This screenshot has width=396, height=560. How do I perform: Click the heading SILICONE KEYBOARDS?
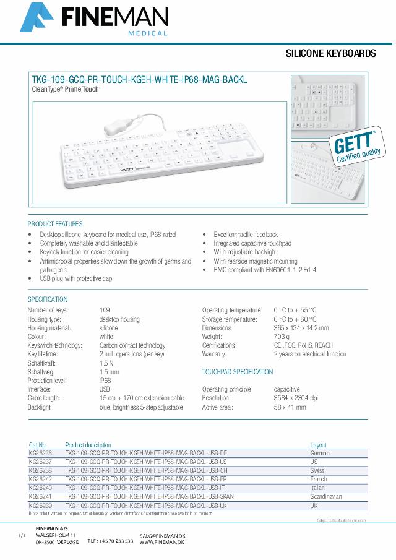pyautogui.click(x=330, y=54)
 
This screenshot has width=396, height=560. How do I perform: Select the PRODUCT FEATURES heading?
pyautogui.click(x=55, y=224)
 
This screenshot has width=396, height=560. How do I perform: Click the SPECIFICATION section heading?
pyautogui.click(x=48, y=299)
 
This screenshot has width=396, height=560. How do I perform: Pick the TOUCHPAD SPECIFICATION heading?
pyautogui.click(x=237, y=372)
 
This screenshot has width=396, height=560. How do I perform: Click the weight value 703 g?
pyautogui.click(x=282, y=337)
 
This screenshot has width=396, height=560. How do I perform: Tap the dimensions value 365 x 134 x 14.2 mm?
pyautogui.click(x=301, y=328)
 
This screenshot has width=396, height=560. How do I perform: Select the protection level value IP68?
pyautogui.click(x=105, y=381)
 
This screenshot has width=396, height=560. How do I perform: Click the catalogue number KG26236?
pyautogui.click(x=41, y=454)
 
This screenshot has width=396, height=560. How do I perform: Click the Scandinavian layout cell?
pyautogui.click(x=326, y=497)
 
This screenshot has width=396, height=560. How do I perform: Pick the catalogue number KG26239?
pyautogui.click(x=41, y=506)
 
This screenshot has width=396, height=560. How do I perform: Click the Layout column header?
pyautogui.click(x=319, y=445)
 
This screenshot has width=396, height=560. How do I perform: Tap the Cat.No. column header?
pyautogui.click(x=38, y=445)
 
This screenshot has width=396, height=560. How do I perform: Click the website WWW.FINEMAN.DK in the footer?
pyautogui.click(x=163, y=542)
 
